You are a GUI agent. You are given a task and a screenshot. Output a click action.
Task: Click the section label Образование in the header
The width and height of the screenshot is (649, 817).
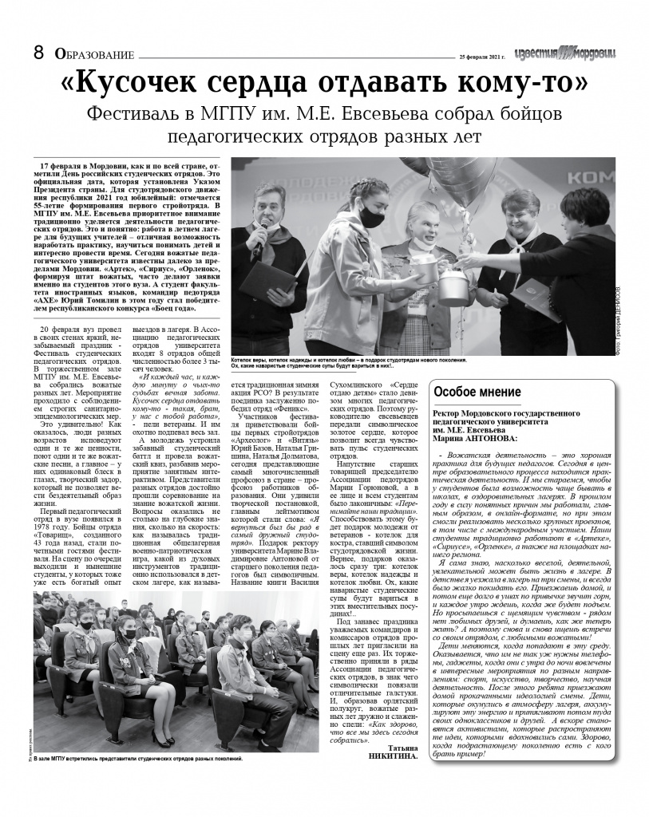point(93,54)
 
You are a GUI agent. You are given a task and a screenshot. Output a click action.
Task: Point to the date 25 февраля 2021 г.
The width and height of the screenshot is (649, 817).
point(483,57)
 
